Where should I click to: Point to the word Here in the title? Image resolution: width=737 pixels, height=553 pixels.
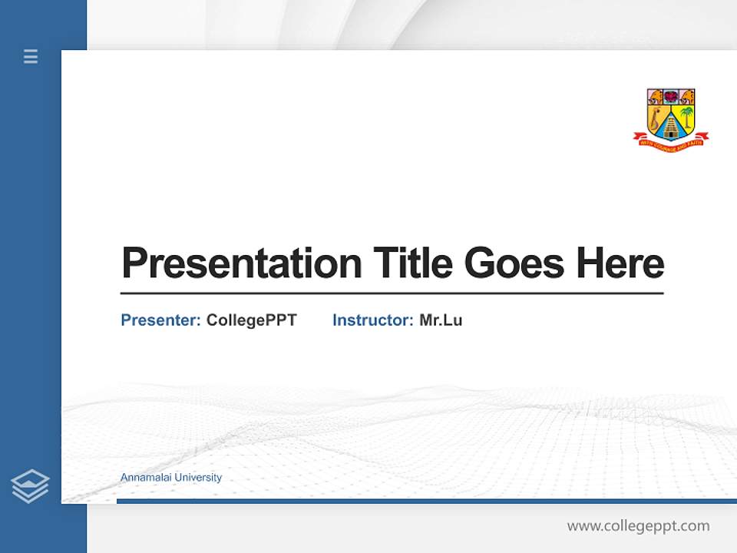tap(620, 263)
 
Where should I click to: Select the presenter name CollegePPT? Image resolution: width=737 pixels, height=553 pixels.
tap(251, 320)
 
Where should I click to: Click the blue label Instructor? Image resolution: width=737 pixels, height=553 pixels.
tap(373, 320)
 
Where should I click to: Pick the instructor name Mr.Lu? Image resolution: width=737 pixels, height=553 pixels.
tap(441, 320)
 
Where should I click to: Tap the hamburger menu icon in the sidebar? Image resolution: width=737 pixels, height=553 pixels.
tap(31, 56)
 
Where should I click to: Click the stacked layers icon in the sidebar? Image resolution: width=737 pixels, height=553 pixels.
tap(30, 486)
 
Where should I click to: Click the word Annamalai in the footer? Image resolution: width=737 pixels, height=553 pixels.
tap(146, 478)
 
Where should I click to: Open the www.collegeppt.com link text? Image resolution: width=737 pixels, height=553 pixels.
tap(638, 526)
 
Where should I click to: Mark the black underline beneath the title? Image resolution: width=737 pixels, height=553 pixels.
tap(392, 293)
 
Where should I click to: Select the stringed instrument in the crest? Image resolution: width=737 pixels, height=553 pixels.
tap(656, 118)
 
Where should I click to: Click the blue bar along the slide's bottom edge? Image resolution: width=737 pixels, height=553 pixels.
tap(426, 501)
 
